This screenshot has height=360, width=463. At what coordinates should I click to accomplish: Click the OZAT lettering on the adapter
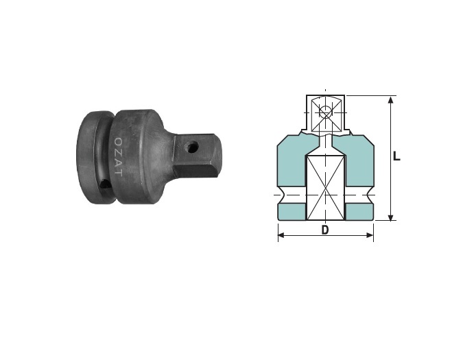pos(118,156)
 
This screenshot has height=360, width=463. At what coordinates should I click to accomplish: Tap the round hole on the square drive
pos(192,146)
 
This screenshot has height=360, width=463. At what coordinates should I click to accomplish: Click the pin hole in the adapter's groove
pos(104,184)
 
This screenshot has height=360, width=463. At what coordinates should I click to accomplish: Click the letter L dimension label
pos(396,156)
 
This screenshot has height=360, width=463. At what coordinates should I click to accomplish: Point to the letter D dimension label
pos(325,230)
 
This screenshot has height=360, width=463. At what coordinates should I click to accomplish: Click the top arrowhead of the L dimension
pos(391,100)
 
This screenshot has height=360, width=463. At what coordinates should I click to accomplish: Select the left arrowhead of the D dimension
pos(281,235)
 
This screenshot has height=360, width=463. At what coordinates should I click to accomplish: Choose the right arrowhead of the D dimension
pos(370,235)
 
